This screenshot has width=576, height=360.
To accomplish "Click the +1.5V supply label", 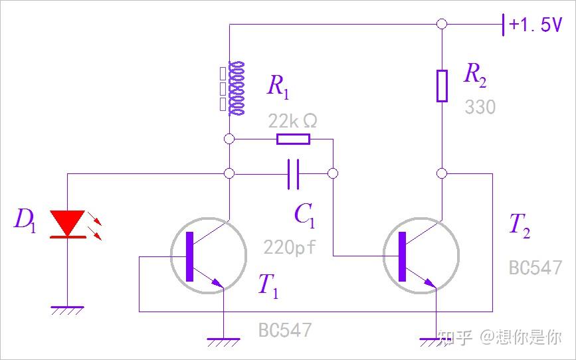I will pos(535,25).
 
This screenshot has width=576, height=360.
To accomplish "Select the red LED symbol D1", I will pos(68,223).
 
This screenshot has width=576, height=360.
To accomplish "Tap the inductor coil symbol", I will pos(235,87).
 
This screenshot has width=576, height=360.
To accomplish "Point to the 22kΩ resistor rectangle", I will pos(293,139).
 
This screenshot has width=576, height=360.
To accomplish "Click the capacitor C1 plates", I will pos(294,173).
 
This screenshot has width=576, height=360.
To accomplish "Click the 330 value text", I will pos(480,108).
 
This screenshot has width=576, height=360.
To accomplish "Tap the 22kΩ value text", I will pos(292,121).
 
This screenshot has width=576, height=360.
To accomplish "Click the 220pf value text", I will pos(290,248).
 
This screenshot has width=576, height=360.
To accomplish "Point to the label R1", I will pos(278,86).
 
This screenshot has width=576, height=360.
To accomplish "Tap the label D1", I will pos(25,219).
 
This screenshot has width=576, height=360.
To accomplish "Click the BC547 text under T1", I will pos(284,329).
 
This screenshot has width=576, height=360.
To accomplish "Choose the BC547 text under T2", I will pos(535,268).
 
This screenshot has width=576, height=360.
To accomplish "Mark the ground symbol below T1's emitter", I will pos(223,341).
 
